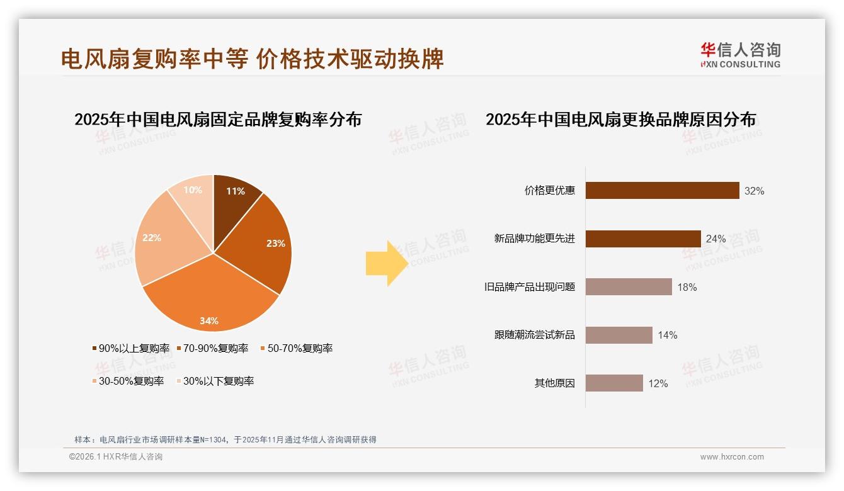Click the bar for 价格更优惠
pyautogui.click(x=662, y=191)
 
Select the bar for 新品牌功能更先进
pyautogui.click(x=643, y=239)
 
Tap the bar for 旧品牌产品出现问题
pyautogui.click(x=629, y=287)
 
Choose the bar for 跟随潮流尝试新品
pyautogui.click(x=619, y=335)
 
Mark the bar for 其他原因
pyautogui.click(x=614, y=383)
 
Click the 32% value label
pyautogui.click(x=754, y=191)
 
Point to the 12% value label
pyautogui.click(x=658, y=383)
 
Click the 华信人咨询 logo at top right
pyautogui.click(x=740, y=55)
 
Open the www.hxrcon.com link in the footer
pyautogui.click(x=732, y=457)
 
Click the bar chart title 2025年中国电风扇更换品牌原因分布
pyautogui.click(x=620, y=120)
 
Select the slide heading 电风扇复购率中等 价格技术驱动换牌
pyautogui.click(x=252, y=59)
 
